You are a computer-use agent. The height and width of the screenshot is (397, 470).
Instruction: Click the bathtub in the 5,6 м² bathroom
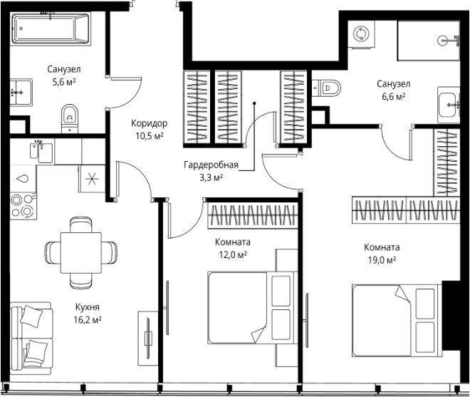[51, 29]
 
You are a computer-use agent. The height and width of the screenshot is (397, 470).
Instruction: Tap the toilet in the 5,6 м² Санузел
[70, 118]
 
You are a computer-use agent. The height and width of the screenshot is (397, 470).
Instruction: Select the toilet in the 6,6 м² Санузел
[327, 88]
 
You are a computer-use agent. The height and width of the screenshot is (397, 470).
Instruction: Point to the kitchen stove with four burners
[23, 205]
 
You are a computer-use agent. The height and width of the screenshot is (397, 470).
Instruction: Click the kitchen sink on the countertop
[41, 150]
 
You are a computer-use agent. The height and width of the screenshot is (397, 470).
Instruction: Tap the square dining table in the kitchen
[81, 252]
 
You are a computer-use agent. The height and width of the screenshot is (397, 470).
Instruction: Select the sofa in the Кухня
[31, 338]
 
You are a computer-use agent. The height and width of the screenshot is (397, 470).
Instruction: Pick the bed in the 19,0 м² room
[397, 321]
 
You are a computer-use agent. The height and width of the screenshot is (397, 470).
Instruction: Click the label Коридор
[150, 123]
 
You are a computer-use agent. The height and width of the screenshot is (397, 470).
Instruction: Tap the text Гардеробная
[211, 165]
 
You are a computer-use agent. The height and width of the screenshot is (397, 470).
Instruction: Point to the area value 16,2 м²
[88, 320]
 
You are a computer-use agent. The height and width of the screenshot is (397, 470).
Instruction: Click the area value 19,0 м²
[382, 260]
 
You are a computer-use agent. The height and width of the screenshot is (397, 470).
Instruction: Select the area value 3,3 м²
[211, 177]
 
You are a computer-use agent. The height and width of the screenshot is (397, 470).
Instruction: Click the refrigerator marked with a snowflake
[92, 179]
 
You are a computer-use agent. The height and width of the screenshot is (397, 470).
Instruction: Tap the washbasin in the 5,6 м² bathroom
[21, 92]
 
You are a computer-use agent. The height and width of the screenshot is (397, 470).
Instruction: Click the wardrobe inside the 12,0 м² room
[253, 215]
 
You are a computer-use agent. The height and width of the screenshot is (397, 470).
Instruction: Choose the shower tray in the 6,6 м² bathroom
[429, 41]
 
